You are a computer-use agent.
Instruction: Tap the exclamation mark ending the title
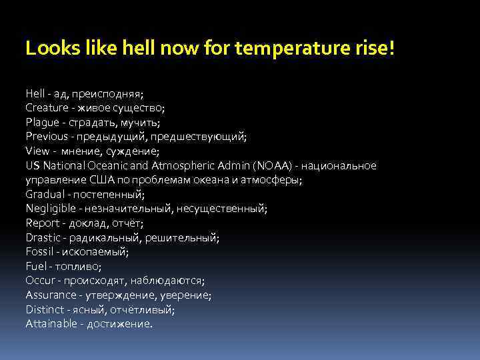pos(392,49)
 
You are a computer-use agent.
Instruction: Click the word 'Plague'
pos(43,121)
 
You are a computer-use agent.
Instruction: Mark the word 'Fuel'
pos(35,266)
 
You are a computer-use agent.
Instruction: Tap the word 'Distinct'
pos(45,309)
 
